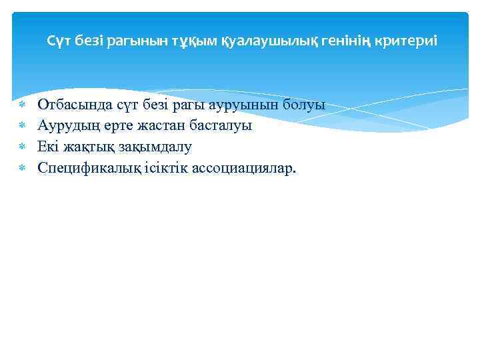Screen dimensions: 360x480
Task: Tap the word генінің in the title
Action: tap(354, 41)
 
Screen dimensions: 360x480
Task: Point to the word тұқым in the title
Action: tap(195, 41)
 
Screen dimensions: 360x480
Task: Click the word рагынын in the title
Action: tap(140, 41)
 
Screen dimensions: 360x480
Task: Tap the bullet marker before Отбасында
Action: tap(22, 105)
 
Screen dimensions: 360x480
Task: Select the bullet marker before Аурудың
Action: tap(22, 126)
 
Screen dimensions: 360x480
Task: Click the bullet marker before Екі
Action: tap(22, 147)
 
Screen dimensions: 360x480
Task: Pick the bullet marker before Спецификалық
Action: tap(22, 169)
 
